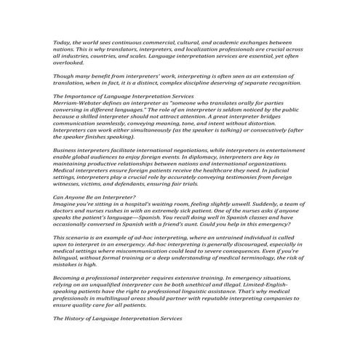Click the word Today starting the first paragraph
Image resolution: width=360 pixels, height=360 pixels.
(62, 43)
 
